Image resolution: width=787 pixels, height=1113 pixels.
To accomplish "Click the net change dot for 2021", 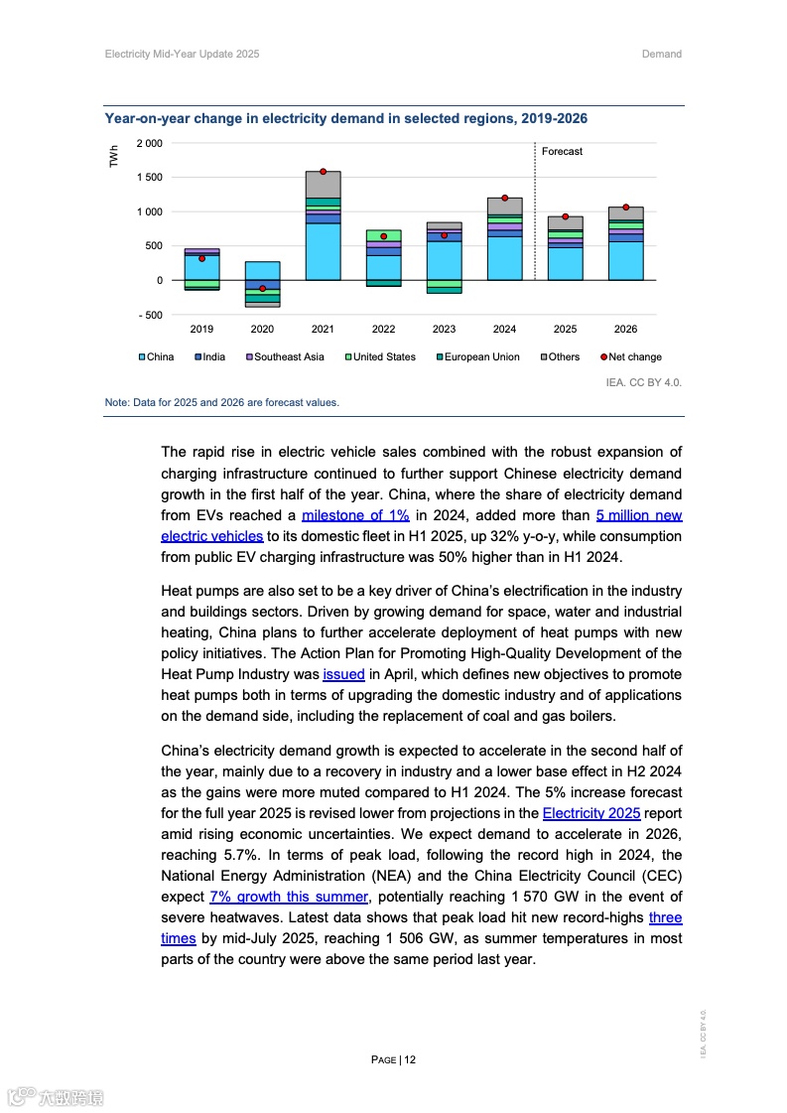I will coord(323,172).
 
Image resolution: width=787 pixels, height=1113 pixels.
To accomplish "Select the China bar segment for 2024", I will coord(504,258).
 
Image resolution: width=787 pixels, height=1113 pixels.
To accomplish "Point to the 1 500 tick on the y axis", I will coord(149,178).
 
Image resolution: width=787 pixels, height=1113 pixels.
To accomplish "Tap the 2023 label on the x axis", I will coord(444,329).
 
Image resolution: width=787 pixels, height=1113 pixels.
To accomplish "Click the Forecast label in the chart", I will coord(562,152).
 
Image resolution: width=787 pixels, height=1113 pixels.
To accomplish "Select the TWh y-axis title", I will coord(114,156).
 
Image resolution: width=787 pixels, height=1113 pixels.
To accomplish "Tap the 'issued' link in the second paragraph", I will coord(343,674).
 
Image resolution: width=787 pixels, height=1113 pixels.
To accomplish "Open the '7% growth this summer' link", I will coord(289,898).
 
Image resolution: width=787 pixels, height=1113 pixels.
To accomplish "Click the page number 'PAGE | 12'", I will coord(393,1059).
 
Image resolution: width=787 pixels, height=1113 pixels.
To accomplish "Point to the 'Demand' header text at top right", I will coord(662,55).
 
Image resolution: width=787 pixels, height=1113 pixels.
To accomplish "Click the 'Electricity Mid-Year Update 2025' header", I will coord(182,55).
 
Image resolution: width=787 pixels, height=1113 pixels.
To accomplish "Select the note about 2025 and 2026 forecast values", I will coord(222,403).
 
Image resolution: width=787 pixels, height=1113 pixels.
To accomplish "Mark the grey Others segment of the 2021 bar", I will coord(323,185).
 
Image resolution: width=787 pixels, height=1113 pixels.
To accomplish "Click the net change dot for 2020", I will coord(262,289).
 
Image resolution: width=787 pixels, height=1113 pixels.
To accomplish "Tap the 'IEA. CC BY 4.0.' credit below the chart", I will coord(643,381).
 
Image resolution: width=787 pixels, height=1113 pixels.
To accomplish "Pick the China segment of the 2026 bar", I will coord(625,261).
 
